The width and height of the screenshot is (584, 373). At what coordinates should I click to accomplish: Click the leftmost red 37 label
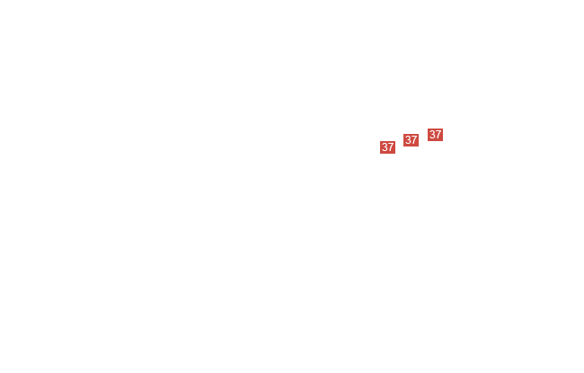(387, 147)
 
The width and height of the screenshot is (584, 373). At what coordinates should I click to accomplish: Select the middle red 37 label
(411, 140)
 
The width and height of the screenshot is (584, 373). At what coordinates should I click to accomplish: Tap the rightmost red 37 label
(435, 135)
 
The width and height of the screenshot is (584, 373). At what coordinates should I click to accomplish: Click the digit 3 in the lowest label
(385, 147)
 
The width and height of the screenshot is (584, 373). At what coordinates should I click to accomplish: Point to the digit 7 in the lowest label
(390, 147)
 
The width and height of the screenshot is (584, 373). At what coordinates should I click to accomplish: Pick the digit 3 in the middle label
(408, 140)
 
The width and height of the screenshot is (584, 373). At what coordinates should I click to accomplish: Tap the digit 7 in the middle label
(414, 140)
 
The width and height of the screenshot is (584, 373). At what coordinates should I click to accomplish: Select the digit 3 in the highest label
(432, 135)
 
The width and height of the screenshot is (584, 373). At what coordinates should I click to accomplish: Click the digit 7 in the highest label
(438, 135)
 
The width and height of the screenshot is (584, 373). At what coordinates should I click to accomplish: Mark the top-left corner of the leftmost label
(380, 141)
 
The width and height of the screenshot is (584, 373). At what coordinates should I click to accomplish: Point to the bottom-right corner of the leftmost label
(395, 154)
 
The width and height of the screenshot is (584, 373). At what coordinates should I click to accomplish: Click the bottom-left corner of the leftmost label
(380, 154)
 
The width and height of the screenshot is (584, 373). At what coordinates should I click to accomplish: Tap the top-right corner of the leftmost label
(395, 141)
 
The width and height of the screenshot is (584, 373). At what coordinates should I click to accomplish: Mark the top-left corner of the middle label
(403, 134)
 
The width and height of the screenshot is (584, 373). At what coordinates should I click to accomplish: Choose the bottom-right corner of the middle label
(419, 147)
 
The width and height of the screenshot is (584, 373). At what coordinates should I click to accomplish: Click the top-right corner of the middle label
(419, 134)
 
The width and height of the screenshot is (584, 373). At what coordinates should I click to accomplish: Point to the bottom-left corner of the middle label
(403, 147)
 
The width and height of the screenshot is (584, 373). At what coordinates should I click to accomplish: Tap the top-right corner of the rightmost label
(443, 129)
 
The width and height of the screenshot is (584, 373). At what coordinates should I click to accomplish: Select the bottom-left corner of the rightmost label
(428, 141)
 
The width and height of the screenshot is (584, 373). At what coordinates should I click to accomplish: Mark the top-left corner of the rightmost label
(428, 129)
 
